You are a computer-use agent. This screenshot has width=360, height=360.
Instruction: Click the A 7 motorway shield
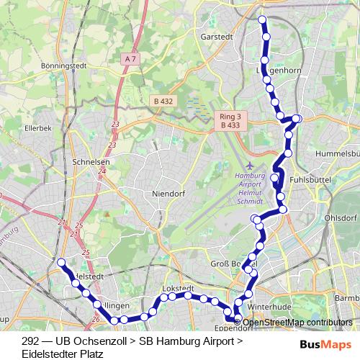tap(130, 58)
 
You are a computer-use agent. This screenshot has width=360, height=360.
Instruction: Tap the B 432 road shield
tap(163, 102)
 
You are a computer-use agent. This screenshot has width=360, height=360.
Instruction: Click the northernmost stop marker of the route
tap(262, 19)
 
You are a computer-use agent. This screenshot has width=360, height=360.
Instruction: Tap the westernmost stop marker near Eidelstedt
tap(61, 262)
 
